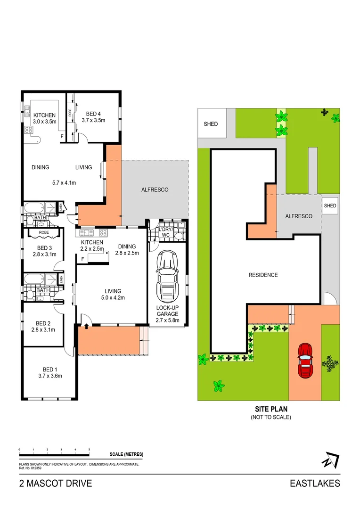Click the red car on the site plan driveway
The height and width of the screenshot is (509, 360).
pos(305,361)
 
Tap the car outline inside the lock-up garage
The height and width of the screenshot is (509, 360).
pos(167,276)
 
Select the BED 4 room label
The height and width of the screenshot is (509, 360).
pos(93,114)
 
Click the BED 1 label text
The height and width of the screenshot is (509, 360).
pos(50,369)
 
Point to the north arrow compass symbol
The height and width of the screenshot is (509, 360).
pos(330,460)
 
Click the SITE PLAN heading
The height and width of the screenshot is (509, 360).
pos(271,409)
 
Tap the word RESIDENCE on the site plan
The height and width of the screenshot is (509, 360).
pos(263,275)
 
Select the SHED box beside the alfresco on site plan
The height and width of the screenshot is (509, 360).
pos(330,205)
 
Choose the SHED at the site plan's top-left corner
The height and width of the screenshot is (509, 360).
pos(212,123)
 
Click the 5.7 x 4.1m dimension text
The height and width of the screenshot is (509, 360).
pos(64,183)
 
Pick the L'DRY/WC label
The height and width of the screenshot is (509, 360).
pos(165,232)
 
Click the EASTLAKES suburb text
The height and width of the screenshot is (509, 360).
pos(315,484)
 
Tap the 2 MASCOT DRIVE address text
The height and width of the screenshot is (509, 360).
pos(56,484)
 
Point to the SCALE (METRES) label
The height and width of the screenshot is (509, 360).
pos(126,454)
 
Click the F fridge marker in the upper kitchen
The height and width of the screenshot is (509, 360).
pos(62,137)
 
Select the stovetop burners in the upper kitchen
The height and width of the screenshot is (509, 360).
pos(29,130)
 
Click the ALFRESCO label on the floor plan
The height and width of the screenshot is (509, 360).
pos(155,189)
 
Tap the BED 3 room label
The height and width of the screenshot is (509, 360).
pos(44,248)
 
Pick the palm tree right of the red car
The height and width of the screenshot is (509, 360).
pos(330,363)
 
